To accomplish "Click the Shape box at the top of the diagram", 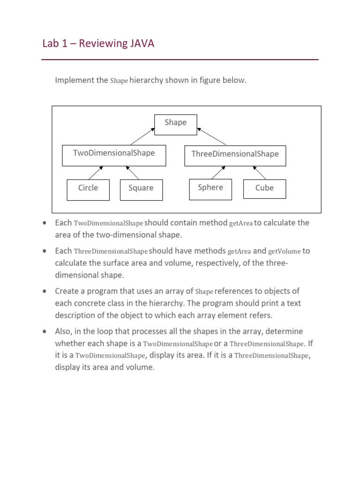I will [176, 125].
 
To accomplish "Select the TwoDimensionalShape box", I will [114, 156].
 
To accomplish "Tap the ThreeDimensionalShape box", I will [235, 156].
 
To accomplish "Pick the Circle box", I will [88, 190].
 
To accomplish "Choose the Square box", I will [141, 190].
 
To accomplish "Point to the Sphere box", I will [210, 189].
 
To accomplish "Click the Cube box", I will [264, 189].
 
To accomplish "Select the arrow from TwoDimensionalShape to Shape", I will [142, 136].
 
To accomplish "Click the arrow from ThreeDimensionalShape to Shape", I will [212, 136].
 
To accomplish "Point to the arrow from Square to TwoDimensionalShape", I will [132, 172].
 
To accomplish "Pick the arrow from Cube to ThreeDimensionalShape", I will [260, 172].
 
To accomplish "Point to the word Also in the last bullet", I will [64, 331].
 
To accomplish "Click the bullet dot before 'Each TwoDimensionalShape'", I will [44, 223].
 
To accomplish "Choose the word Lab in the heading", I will [51, 44].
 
